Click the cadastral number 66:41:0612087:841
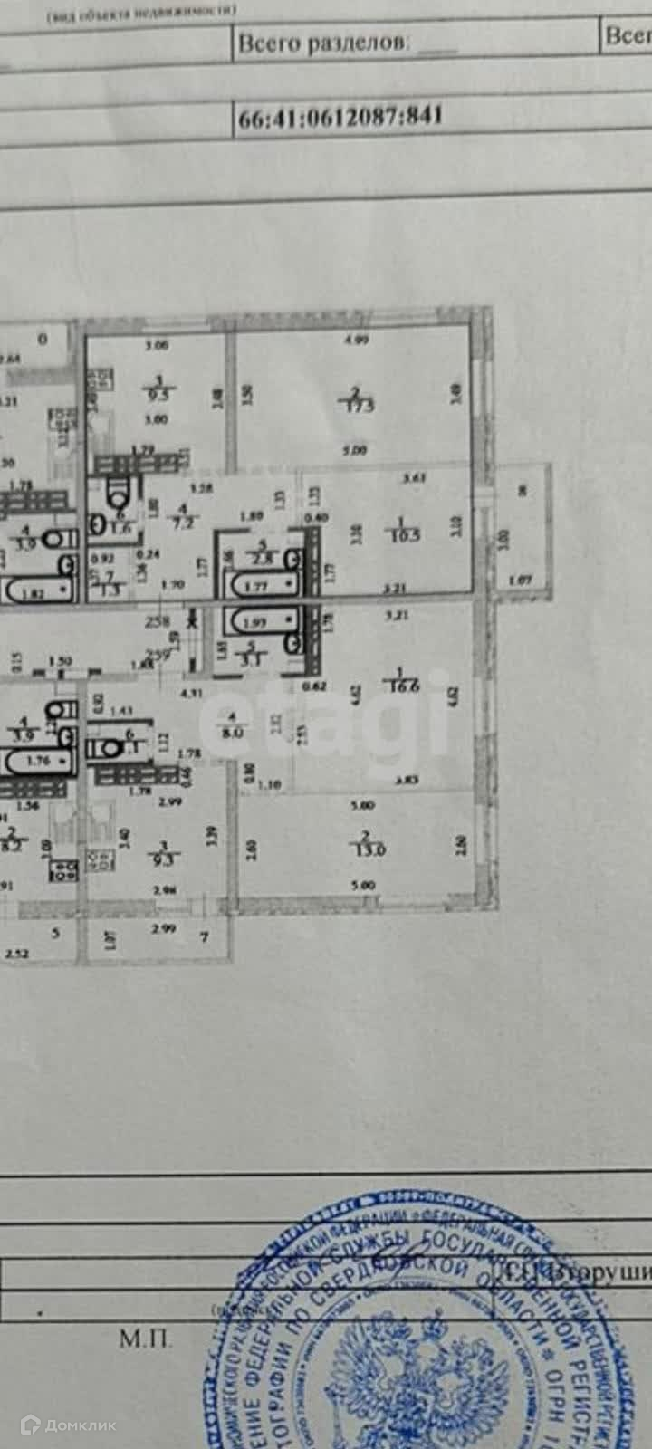coord(340,117)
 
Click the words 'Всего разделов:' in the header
coord(323,43)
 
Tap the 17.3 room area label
coord(359,399)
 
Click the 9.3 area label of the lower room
coord(164,853)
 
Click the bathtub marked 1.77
coord(261,585)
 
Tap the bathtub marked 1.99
coord(261,621)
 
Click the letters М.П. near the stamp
coord(144,1339)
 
